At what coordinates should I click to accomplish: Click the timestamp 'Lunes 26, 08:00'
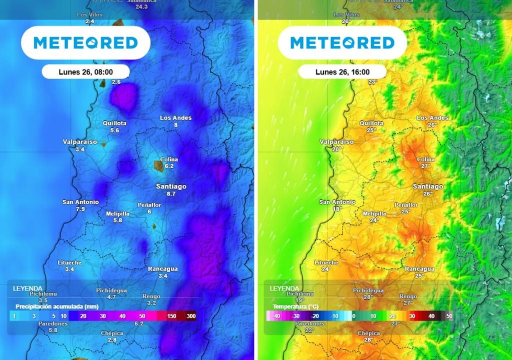click(85, 71)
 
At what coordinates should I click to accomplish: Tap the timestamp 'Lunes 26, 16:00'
click(342, 71)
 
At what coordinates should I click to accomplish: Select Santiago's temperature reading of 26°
click(428, 193)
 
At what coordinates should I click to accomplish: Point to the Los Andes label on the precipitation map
click(175, 118)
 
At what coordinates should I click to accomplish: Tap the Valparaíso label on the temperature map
click(336, 142)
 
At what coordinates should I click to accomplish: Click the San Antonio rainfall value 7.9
click(80, 209)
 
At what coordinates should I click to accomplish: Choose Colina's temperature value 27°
click(425, 166)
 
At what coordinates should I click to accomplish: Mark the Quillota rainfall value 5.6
click(114, 130)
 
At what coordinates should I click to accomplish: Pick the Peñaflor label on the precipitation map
click(149, 205)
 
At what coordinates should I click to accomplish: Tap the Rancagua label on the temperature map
click(419, 268)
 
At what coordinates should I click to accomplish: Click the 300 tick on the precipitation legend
click(191, 316)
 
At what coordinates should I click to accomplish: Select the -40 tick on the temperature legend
click(276, 316)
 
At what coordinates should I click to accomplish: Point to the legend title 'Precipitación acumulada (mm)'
click(56, 306)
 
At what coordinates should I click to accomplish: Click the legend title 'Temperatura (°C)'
click(295, 306)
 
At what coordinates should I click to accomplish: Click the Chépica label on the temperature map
click(368, 333)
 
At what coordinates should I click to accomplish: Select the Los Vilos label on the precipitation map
click(89, 15)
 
